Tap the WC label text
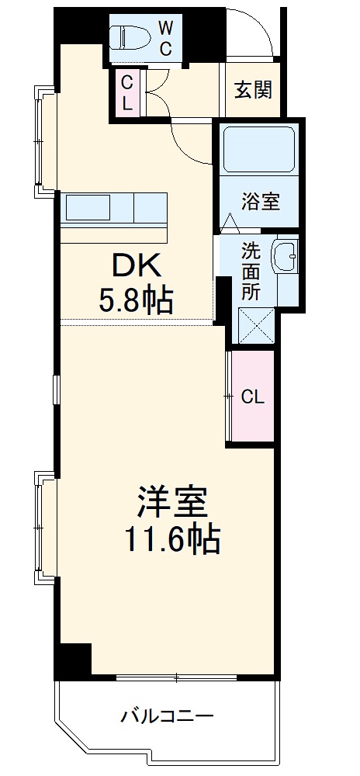pyautogui.click(x=166, y=36)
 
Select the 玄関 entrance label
pyautogui.click(x=254, y=90)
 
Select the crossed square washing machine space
pyautogui.click(x=256, y=324)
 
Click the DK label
pyautogui.click(x=137, y=266)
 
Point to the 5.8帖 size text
pyautogui.click(x=136, y=300)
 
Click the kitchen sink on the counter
pyautogui.click(x=88, y=208)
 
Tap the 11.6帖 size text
pyautogui.click(x=172, y=538)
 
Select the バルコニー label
pyautogui.click(x=166, y=715)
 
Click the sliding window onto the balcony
pyautogui.click(x=176, y=677)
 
